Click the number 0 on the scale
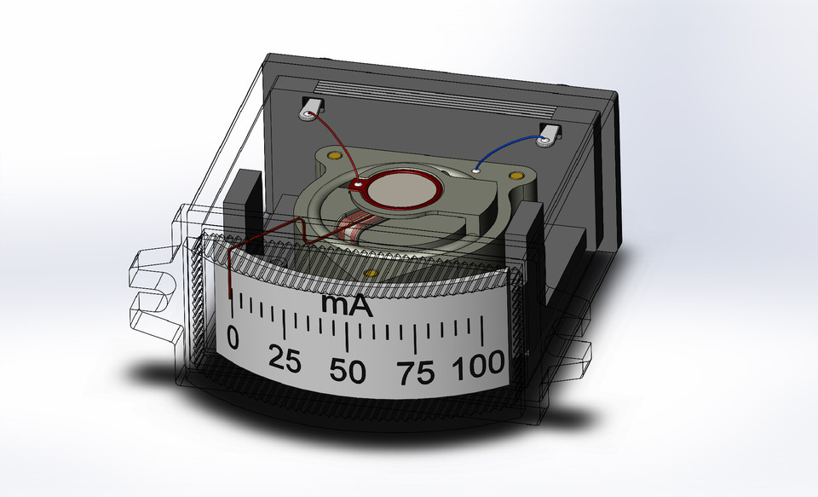[x=234, y=340]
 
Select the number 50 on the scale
[x=349, y=372]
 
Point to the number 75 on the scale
[x=416, y=373]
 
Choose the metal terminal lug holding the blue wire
[x=550, y=134]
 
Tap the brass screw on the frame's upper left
[x=335, y=158]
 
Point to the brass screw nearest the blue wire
[x=514, y=175]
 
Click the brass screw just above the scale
[x=370, y=273]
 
